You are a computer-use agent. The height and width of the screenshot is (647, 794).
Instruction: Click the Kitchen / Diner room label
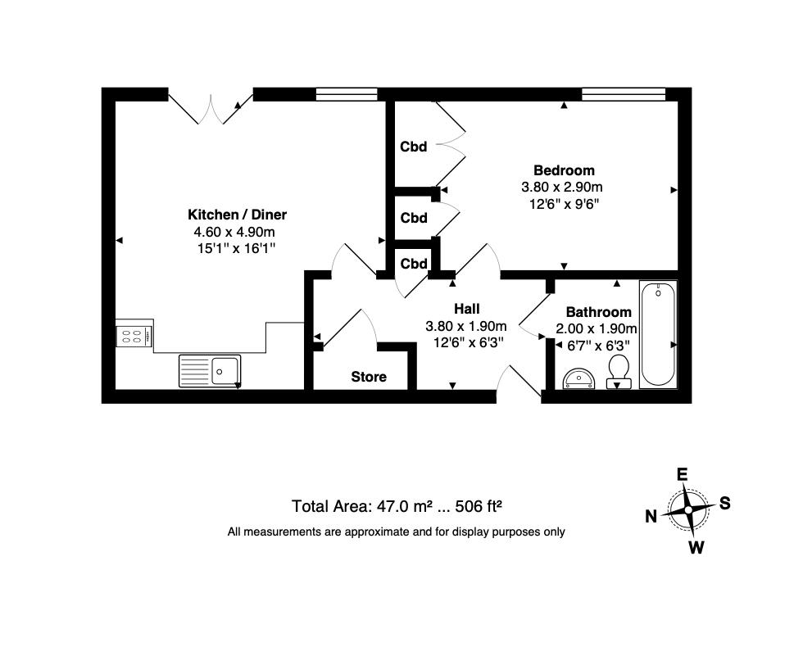point(238,215)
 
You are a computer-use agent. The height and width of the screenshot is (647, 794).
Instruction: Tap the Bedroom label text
point(564,170)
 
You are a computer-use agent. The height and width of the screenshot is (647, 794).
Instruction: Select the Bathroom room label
point(598,312)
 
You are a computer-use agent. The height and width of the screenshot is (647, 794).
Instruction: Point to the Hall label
point(466,309)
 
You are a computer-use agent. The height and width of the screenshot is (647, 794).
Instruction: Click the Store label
point(369,377)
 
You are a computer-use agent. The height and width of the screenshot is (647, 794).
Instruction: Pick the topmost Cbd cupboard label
point(414,147)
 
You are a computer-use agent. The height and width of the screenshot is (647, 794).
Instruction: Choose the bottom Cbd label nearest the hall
point(414,264)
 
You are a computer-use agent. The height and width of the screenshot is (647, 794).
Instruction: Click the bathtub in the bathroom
point(658,333)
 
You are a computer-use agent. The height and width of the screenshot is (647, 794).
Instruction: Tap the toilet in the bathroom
point(618,371)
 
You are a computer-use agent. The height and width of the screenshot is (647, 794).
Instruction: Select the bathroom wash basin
point(581,377)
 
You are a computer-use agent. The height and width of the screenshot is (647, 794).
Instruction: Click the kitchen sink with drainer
point(210,371)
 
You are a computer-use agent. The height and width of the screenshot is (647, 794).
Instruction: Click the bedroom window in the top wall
point(623,94)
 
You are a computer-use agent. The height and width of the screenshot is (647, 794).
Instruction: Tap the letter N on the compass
point(651,516)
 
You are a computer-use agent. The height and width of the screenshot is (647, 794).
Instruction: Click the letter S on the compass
point(724,504)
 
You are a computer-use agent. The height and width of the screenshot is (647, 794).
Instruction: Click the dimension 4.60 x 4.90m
point(238,232)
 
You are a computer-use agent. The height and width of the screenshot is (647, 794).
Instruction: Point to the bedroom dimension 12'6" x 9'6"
point(564,204)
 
